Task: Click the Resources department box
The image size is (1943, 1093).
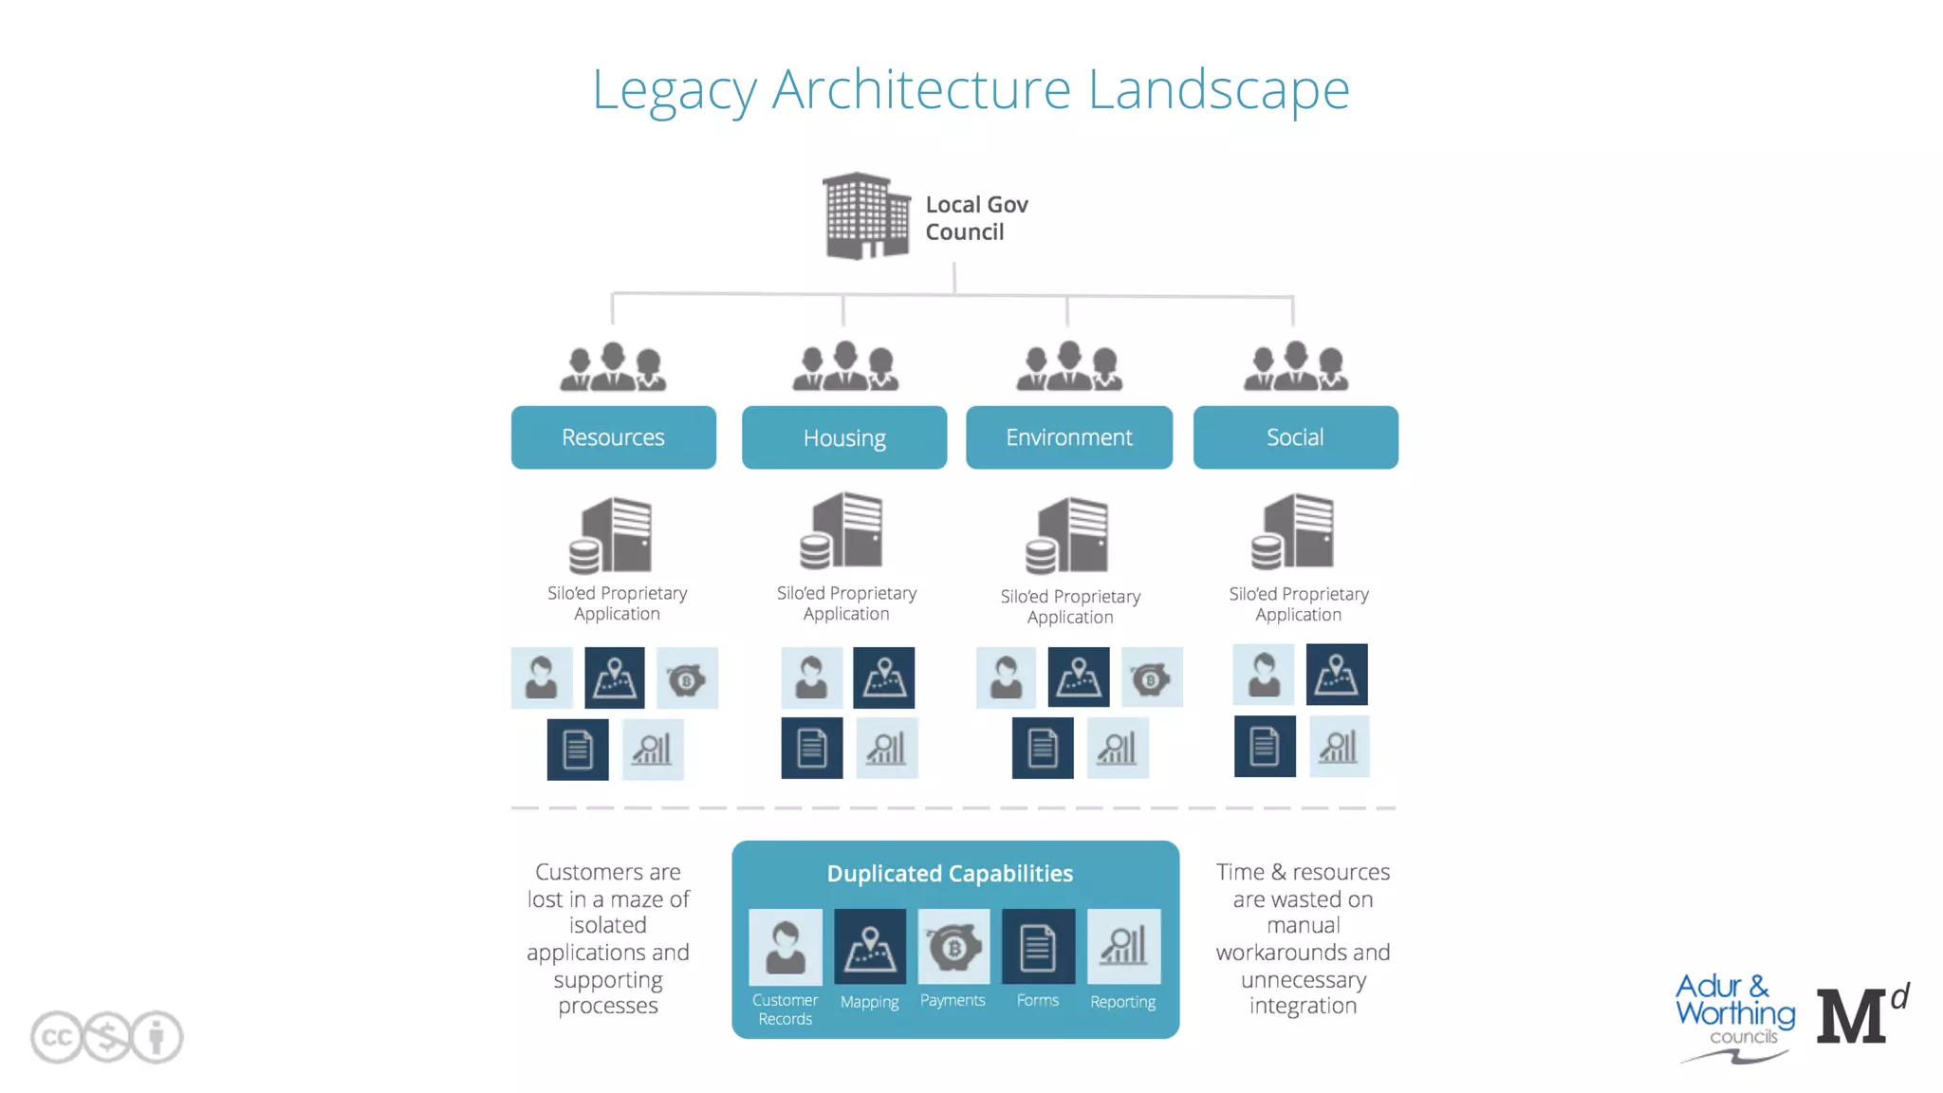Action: (613, 437)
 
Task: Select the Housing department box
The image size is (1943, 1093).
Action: (843, 437)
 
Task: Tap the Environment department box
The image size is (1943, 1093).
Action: (1068, 437)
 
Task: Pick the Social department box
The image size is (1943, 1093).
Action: (1295, 437)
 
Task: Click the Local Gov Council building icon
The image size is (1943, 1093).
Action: (865, 216)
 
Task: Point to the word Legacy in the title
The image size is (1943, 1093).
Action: (674, 90)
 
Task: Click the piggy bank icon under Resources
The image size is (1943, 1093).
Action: (687, 678)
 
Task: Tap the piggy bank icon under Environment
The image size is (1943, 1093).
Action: (1151, 678)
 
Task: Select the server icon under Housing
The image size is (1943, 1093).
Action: (843, 531)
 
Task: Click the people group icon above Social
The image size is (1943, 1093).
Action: (1296, 367)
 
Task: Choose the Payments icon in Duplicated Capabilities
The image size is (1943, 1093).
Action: (953, 947)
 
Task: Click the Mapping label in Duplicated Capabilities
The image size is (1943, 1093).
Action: (869, 1002)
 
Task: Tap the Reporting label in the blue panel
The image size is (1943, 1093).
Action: (1122, 1002)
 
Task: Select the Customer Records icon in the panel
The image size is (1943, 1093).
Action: (785, 947)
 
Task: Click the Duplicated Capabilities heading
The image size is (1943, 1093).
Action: (950, 874)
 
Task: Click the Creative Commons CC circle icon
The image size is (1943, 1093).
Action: (56, 1037)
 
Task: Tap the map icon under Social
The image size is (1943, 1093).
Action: (1336, 675)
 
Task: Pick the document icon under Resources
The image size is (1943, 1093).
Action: (578, 750)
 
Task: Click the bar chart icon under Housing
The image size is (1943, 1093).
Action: (886, 749)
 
